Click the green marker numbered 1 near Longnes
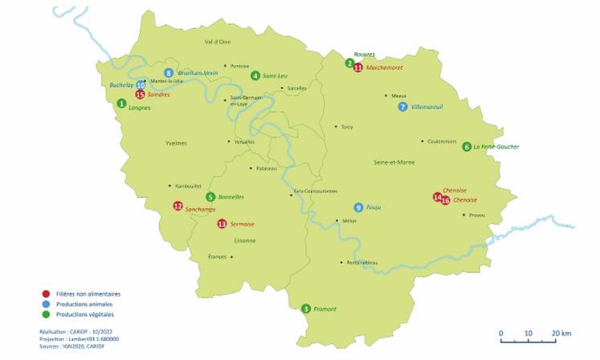[121, 103]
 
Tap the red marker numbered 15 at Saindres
[140, 94]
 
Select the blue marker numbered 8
[169, 73]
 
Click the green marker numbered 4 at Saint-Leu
[255, 76]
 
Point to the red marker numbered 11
[358, 68]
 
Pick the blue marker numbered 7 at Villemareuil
[402, 107]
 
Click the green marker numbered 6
[467, 146]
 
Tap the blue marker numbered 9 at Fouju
[358, 207]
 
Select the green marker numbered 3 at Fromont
[305, 309]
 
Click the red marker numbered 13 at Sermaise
[222, 223]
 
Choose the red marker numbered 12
[178, 206]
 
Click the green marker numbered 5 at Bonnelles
[210, 197]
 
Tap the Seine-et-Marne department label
[392, 163]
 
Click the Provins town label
[477, 215]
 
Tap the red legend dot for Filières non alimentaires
[46, 294]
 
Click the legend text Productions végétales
[85, 314]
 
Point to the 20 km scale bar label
[561, 332]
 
